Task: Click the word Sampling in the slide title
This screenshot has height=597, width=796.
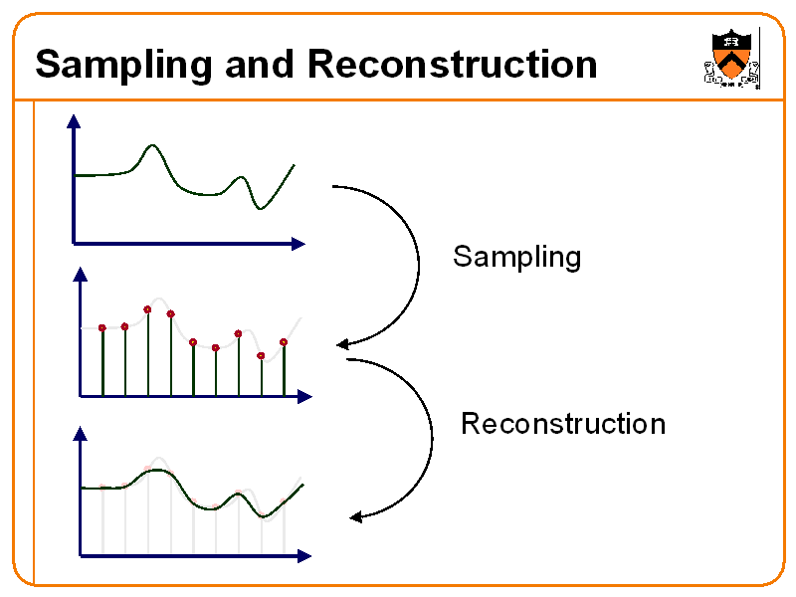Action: point(123,66)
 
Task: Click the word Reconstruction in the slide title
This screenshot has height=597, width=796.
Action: point(453,64)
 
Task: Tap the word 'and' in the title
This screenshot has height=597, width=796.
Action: point(260,64)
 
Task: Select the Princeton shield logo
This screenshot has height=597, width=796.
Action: point(731,59)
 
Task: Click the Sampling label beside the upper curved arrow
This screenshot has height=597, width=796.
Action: point(516,257)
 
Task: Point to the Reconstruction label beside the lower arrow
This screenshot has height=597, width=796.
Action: point(563,424)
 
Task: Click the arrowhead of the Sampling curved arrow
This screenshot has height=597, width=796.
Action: point(342,344)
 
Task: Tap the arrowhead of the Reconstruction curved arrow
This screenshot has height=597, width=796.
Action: point(356,516)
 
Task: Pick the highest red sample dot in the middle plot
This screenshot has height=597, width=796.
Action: point(147,309)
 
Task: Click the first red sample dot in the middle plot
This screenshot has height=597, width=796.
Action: point(102,328)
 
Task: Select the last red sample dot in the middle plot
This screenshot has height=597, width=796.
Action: point(284,342)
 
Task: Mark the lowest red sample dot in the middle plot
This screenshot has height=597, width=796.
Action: point(261,356)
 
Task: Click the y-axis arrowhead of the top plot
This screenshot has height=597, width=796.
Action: point(74,120)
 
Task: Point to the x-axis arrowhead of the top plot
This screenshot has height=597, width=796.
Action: point(298,244)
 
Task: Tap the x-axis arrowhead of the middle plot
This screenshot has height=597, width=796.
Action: point(304,396)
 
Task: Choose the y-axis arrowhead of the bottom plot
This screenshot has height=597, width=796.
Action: point(81,433)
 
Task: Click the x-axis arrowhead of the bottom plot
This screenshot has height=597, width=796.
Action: point(304,556)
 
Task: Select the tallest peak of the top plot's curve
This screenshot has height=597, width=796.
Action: point(152,145)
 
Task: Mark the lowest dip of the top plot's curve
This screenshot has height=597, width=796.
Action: point(260,208)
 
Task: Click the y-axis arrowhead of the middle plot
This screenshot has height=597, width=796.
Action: point(81,275)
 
